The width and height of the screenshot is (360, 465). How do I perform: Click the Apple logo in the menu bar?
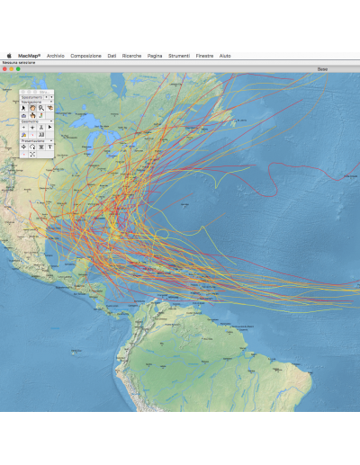click(8, 56)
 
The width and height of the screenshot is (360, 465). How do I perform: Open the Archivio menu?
click(56, 56)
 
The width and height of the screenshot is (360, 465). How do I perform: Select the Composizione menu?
click(86, 56)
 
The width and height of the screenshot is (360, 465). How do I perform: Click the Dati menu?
click(112, 56)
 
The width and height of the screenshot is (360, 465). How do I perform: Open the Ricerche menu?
click(132, 56)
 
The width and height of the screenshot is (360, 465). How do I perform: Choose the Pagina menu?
click(155, 56)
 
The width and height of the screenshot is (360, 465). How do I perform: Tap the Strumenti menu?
click(179, 56)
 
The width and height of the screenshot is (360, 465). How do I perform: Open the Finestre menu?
click(204, 56)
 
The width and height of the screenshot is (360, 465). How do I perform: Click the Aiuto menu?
click(225, 56)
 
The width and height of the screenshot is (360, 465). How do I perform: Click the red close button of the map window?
click(4, 68)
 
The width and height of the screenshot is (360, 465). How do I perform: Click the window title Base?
click(323, 68)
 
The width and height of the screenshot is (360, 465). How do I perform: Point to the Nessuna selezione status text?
click(18, 62)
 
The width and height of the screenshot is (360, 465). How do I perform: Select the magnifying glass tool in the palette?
click(41, 107)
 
